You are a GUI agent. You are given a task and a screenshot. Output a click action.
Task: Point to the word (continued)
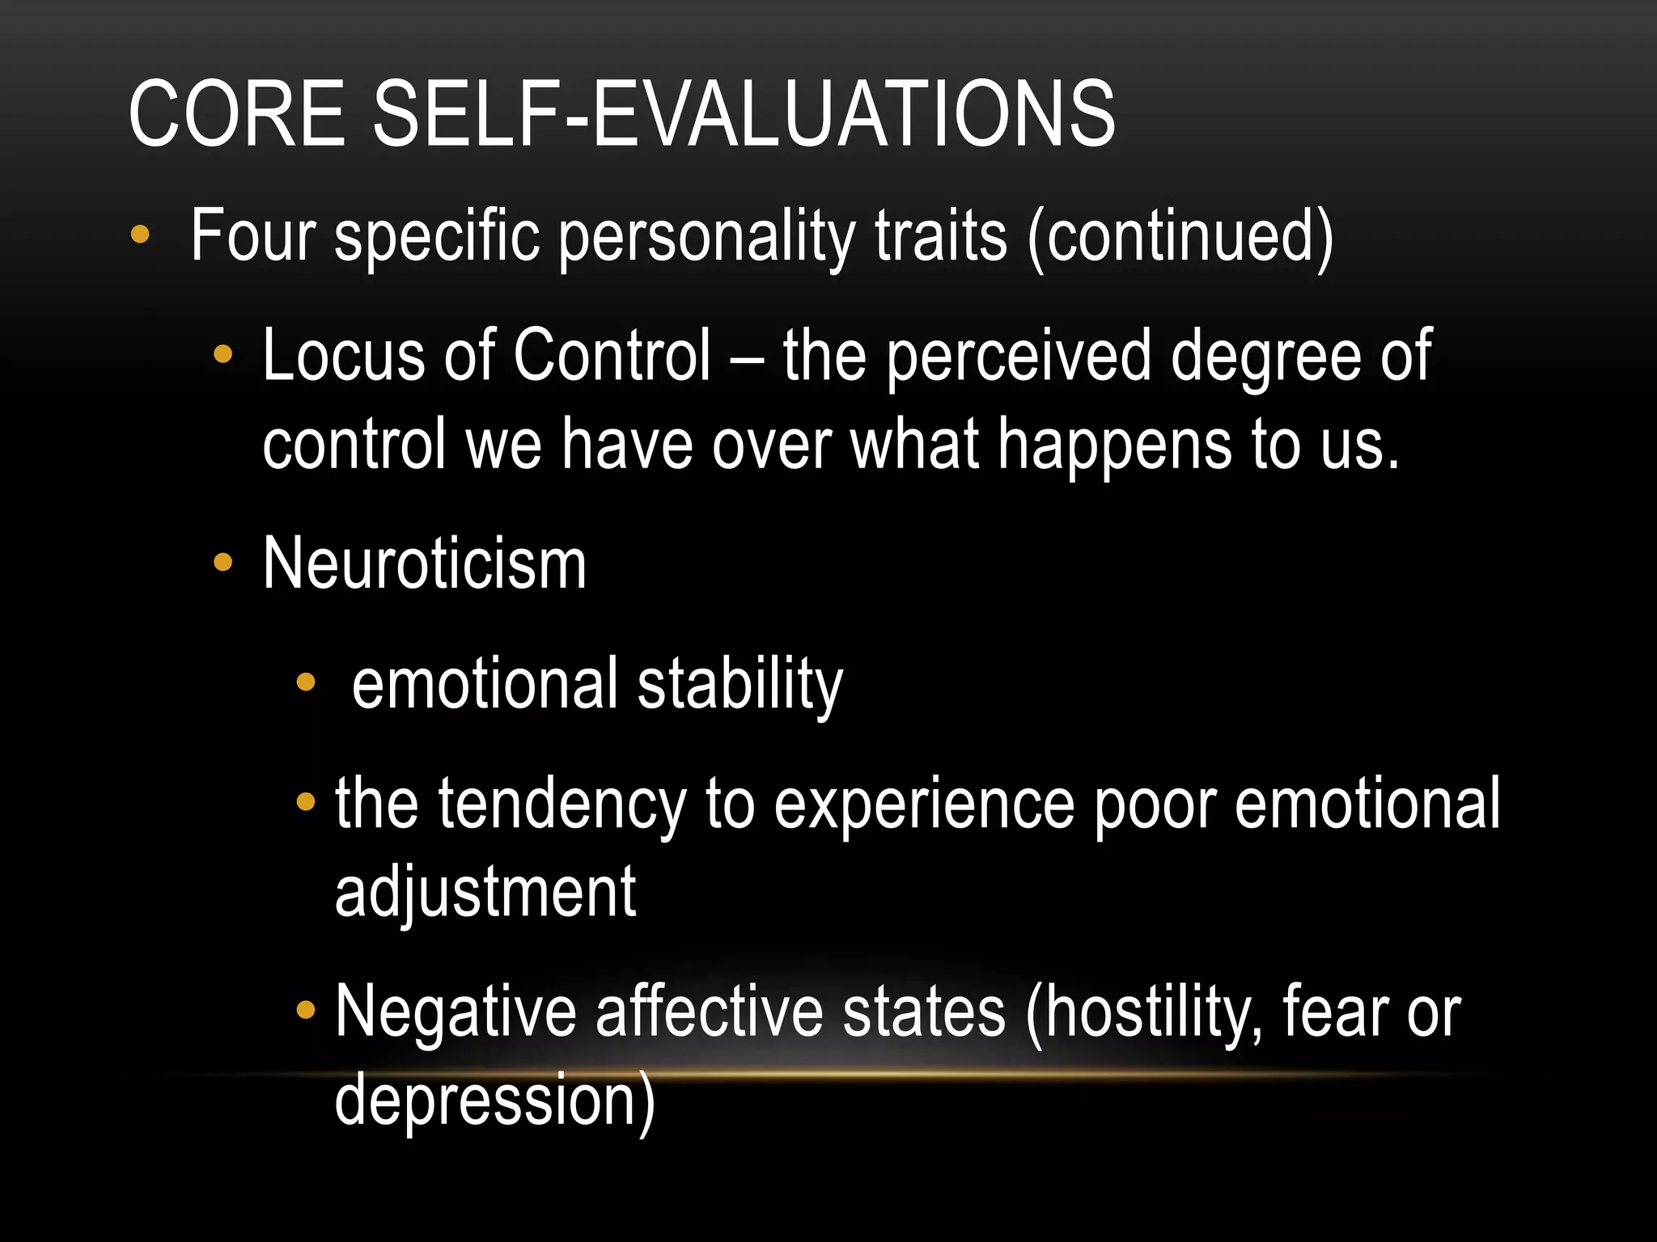[1180, 238]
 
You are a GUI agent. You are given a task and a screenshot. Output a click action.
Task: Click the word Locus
[343, 356]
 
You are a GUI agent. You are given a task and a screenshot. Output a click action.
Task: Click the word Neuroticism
[424, 564]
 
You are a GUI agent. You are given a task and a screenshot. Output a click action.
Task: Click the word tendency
[562, 805]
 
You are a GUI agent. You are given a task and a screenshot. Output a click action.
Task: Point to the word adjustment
[485, 893]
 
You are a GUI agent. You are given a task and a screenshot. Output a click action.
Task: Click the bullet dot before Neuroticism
[222, 563]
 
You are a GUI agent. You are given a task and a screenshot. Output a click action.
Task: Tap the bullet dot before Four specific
[140, 234]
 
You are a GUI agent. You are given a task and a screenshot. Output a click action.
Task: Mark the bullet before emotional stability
[305, 682]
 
